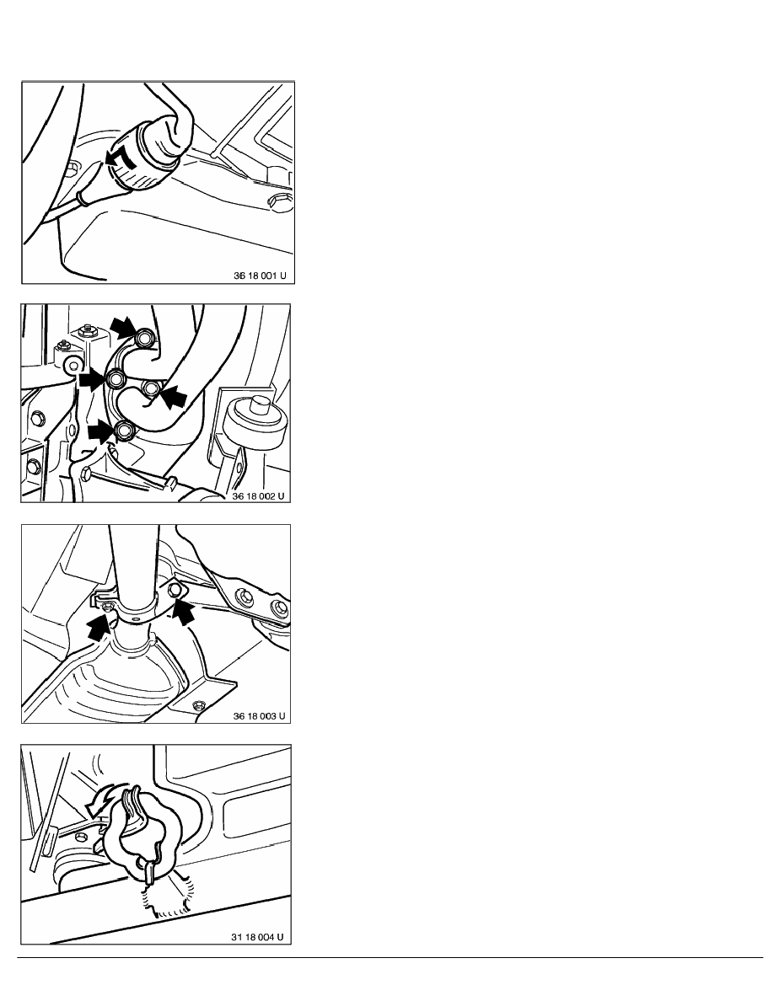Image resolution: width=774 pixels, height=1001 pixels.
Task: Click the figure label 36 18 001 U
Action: [260, 276]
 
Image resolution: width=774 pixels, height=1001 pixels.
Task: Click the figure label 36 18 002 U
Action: [258, 495]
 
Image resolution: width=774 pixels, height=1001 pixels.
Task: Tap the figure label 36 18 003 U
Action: [260, 715]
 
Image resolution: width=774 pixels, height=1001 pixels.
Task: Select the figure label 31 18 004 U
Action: [257, 936]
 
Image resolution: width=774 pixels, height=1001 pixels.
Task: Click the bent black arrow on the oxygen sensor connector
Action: [120, 159]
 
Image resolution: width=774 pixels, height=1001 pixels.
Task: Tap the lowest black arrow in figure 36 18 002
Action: [102, 431]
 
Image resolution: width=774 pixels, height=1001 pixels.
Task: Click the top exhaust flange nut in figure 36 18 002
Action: [145, 339]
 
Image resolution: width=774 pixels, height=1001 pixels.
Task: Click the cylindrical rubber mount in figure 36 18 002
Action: [257, 421]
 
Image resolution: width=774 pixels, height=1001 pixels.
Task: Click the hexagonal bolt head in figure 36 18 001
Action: [280, 201]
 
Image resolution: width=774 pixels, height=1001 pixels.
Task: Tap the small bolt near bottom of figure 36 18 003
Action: [198, 704]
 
